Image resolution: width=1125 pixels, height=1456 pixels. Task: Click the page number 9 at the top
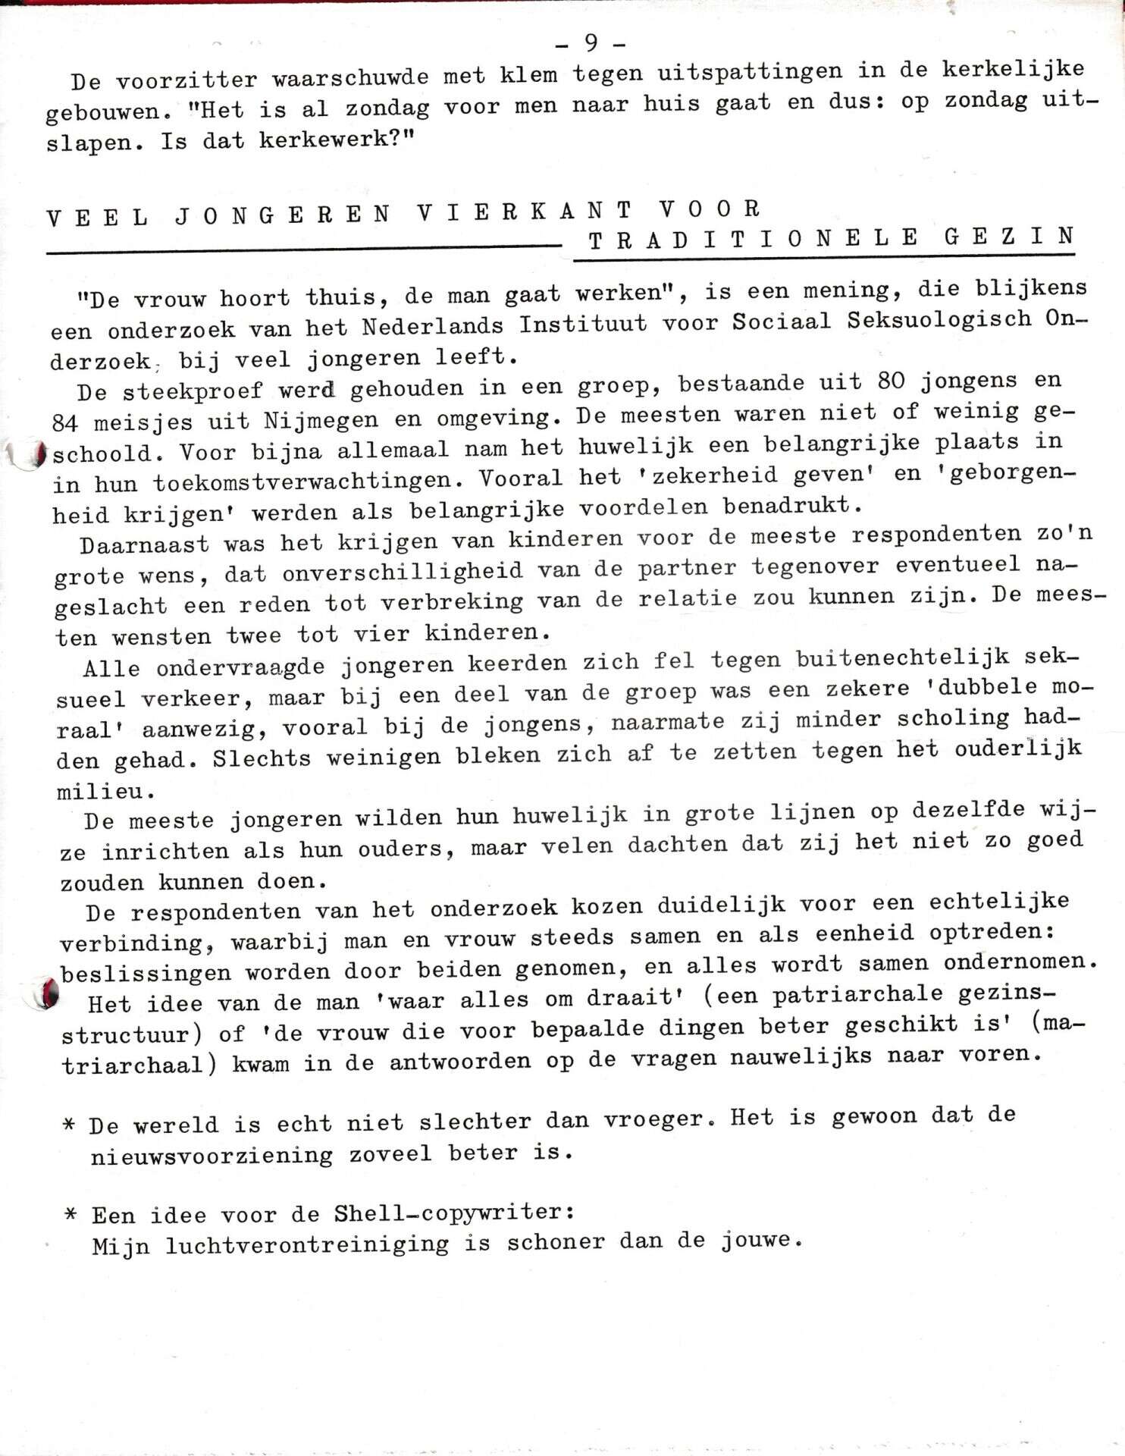click(591, 43)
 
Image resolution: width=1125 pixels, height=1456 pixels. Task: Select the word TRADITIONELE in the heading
click(754, 240)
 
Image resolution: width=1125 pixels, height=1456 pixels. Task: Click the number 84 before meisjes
click(65, 423)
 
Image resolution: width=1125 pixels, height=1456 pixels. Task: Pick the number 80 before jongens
click(891, 380)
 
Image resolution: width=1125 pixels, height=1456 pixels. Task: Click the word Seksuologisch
click(939, 319)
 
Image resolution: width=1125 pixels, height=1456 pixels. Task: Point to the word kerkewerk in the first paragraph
click(323, 140)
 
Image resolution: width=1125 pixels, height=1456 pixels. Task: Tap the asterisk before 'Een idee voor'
click(72, 1215)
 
